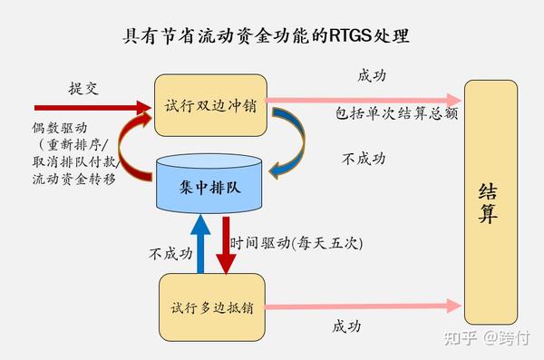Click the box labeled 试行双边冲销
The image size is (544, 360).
[212, 105]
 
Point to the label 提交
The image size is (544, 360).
[83, 88]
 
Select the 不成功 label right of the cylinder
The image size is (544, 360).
[364, 158]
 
